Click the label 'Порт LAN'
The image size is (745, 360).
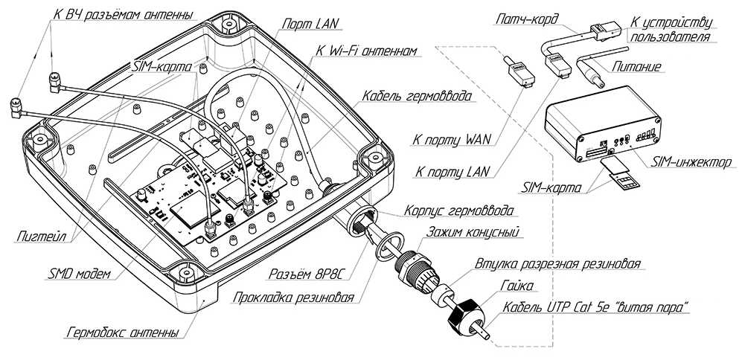tap(310, 24)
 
